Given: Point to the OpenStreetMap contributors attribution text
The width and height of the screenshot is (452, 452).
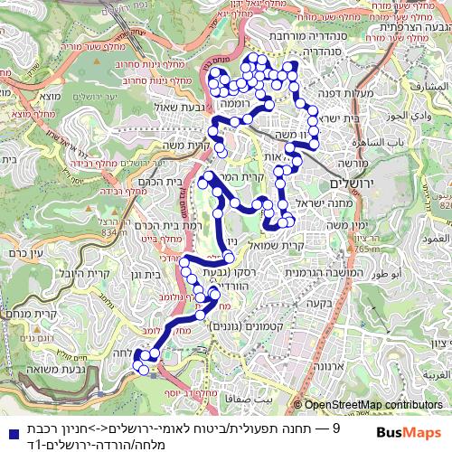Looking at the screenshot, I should pyautogui.click(x=373, y=405).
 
